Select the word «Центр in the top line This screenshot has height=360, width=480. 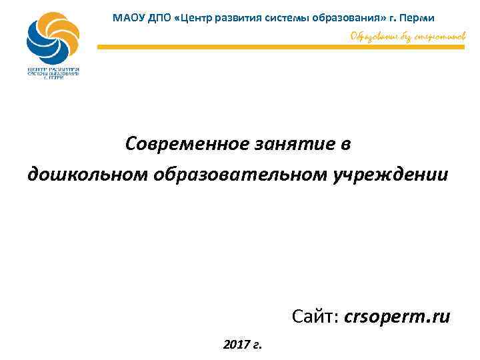tap(193, 17)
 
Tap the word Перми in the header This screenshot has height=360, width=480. tap(419, 17)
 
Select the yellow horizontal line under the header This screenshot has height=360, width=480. tap(280, 47)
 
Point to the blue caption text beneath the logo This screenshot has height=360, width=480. tap(53, 73)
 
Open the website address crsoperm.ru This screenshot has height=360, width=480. tap(397, 317)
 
